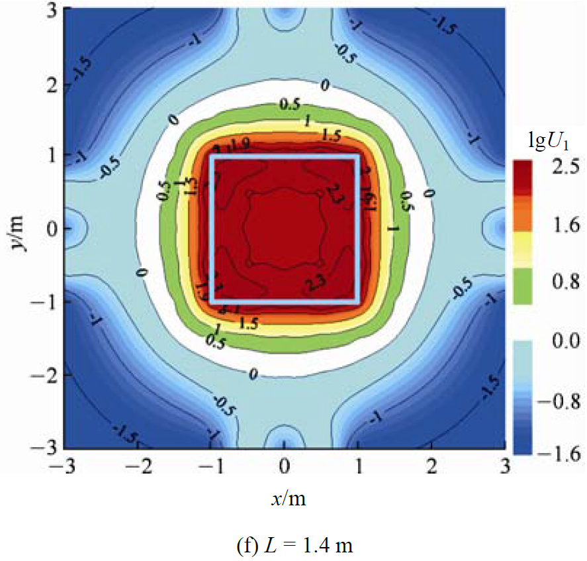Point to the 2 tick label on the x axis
coord(432,466)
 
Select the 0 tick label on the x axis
coord(285,466)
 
